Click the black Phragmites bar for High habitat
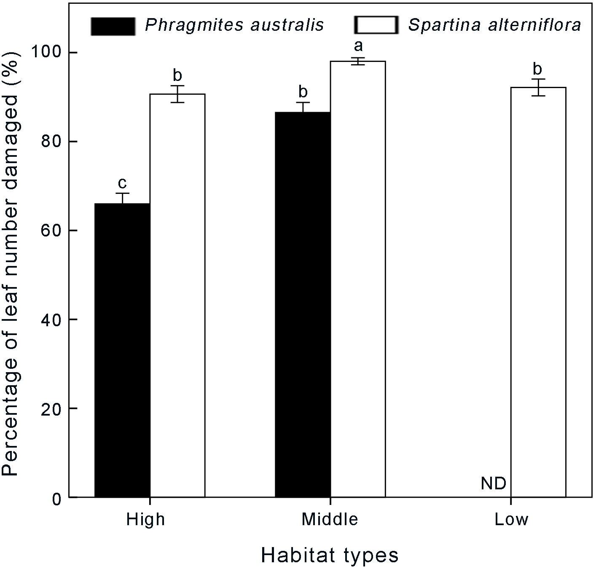pyautogui.click(x=122, y=350)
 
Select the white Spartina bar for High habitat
pyautogui.click(x=177, y=295)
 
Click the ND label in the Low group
pyautogui.click(x=493, y=484)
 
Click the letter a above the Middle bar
pyautogui.click(x=358, y=46)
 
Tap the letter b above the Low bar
pyautogui.click(x=537, y=69)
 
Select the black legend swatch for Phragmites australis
pyautogui.click(x=113, y=26)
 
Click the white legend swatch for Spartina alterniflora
pyautogui.click(x=376, y=25)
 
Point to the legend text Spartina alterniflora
pyautogui.click(x=494, y=25)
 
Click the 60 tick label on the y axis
pyautogui.click(x=51, y=231)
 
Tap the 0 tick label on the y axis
pyautogui.click(x=56, y=498)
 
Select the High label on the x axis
pyautogui.click(x=145, y=519)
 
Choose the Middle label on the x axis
pyautogui.click(x=330, y=519)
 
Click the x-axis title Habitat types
pyautogui.click(x=330, y=555)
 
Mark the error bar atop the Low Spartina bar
pyautogui.click(x=538, y=87)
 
